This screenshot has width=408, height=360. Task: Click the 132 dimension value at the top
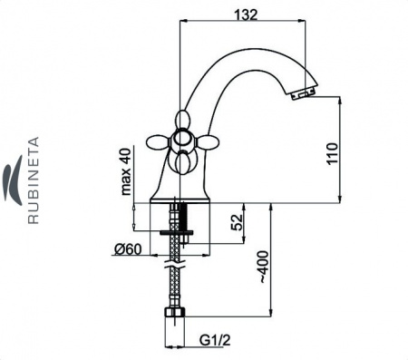coord(246,15)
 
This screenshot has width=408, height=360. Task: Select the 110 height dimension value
coord(332,153)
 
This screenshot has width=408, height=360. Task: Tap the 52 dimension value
coord(238,222)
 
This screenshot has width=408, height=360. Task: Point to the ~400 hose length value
coord(263,267)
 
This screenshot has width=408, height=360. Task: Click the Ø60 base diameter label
coord(128,249)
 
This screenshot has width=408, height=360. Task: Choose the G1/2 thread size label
coord(215,340)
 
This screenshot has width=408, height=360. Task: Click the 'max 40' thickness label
coord(126,171)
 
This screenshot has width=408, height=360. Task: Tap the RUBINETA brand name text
coord(34,180)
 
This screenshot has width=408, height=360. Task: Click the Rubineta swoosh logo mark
coord(13,180)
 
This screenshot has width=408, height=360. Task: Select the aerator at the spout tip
coord(302,94)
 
